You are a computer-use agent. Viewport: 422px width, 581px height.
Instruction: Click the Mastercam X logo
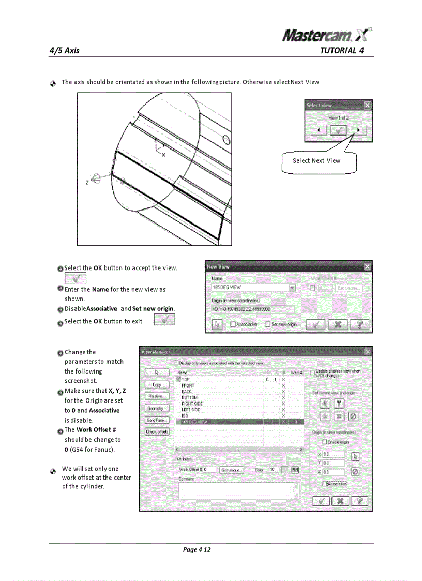[x=327, y=35]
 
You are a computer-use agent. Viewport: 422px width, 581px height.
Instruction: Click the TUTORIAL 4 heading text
[x=342, y=51]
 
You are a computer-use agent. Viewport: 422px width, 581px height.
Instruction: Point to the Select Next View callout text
[x=317, y=161]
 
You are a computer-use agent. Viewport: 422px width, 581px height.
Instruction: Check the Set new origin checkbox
[x=268, y=324]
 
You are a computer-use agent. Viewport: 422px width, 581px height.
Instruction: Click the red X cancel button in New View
[x=337, y=324]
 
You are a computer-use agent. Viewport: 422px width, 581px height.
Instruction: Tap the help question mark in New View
[x=359, y=324]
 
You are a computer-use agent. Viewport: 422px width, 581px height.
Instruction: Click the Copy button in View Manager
[x=157, y=384]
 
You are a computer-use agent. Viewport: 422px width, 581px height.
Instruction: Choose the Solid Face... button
[x=157, y=420]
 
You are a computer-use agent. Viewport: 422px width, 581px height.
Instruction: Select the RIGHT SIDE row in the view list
[x=192, y=404]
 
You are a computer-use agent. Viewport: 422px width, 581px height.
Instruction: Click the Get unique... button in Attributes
[x=232, y=470]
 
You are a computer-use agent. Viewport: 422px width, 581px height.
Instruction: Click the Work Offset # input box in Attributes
[x=209, y=470]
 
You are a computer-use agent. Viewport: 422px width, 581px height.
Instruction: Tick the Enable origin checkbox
[x=325, y=442]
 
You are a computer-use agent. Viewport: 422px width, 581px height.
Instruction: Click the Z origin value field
[x=333, y=472]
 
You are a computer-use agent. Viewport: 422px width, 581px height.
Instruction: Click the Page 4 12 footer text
[x=197, y=549]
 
